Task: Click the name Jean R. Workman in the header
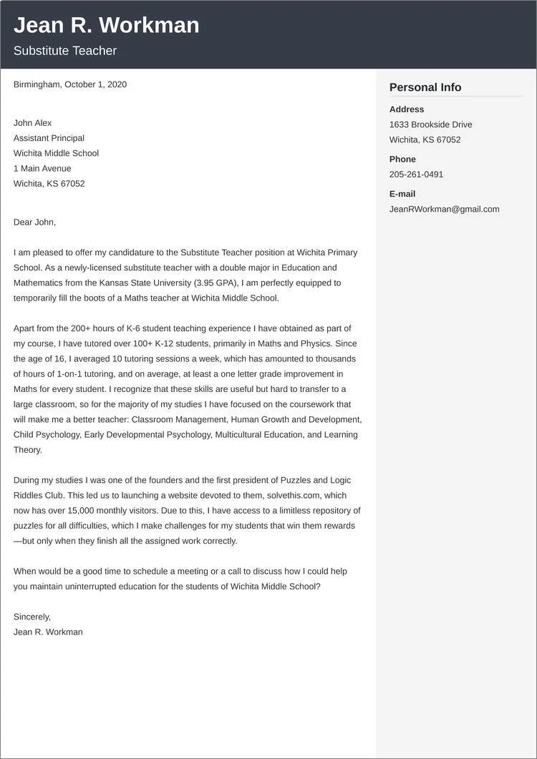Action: (x=106, y=25)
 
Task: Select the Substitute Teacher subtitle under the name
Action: (x=64, y=51)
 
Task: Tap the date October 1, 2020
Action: (x=95, y=84)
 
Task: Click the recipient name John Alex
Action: (x=32, y=123)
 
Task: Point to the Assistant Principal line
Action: (x=49, y=138)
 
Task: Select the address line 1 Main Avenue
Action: (x=42, y=169)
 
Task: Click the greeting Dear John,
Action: (x=34, y=222)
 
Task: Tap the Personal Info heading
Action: (x=425, y=87)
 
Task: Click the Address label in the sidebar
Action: (x=407, y=109)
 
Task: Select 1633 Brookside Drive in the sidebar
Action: (x=430, y=124)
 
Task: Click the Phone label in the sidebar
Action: (x=402, y=159)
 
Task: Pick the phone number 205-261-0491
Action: (x=416, y=175)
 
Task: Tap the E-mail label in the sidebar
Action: (x=402, y=194)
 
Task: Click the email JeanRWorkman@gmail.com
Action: (x=444, y=209)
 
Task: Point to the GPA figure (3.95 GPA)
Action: (x=217, y=283)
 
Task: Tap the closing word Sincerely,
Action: (x=32, y=617)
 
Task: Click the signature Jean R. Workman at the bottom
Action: (x=48, y=632)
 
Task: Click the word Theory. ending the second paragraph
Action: (x=28, y=450)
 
